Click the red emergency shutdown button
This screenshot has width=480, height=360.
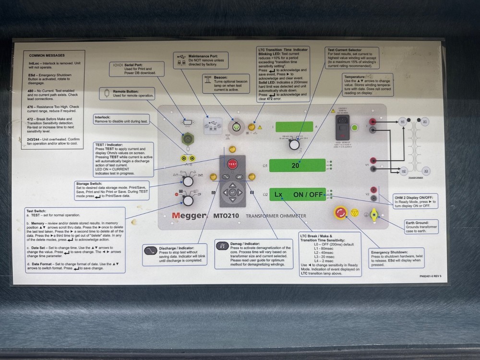click(x=340, y=213)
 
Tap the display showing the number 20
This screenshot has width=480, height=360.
click(x=296, y=165)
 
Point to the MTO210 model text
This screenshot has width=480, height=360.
click(x=226, y=216)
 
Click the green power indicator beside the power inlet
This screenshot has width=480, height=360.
click(x=355, y=128)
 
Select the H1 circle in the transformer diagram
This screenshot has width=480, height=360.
click(x=403, y=123)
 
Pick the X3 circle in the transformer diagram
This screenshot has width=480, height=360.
click(x=425, y=171)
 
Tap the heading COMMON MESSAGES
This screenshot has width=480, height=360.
click(x=47, y=56)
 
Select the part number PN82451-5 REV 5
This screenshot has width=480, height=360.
click(x=430, y=276)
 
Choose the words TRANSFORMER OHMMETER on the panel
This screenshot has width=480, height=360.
click(x=276, y=216)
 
